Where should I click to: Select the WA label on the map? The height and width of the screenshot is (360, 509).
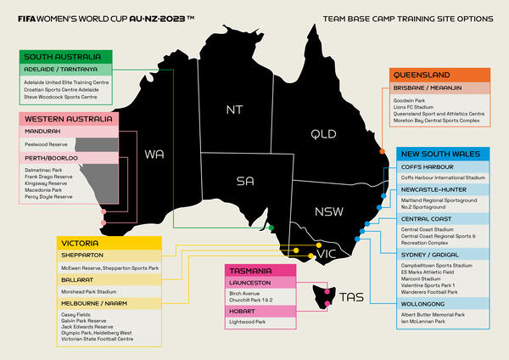coord(154,155)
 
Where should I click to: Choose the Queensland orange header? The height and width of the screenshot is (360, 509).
coord(422,74)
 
